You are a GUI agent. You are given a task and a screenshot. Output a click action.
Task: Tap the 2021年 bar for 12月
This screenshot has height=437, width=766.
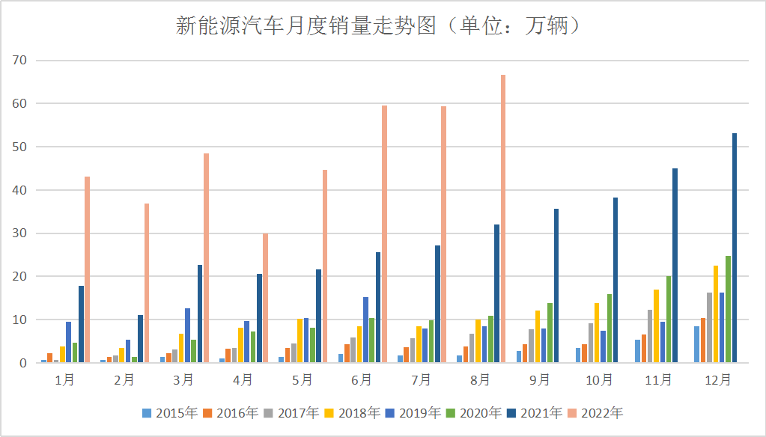coord(735,248)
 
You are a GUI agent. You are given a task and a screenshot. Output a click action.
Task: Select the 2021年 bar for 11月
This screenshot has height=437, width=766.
coord(675,266)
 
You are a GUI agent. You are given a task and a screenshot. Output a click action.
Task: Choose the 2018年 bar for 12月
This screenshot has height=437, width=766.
coord(716,314)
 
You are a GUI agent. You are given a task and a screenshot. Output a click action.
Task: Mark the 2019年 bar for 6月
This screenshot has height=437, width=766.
coord(365,330)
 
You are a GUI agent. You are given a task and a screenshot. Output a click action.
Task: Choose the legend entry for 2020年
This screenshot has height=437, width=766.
coord(474,412)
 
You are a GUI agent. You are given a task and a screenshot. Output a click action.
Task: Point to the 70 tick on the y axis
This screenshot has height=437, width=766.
coord(18,60)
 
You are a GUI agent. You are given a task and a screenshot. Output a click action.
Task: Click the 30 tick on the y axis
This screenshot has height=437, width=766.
coord(18,233)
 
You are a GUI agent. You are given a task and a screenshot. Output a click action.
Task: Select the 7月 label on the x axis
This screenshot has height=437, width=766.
coord(421,380)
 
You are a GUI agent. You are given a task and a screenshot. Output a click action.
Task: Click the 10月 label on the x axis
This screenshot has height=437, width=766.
coord(599,380)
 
